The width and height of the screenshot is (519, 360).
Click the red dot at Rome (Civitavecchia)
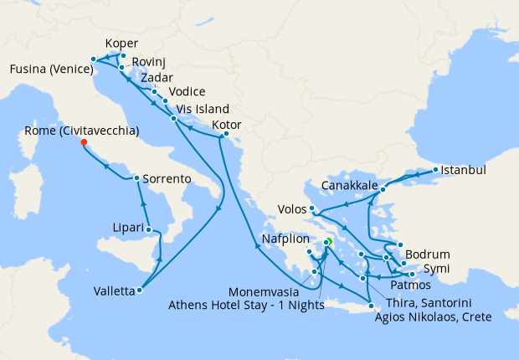(x=84, y=141)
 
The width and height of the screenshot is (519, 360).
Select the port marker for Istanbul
(x=434, y=171)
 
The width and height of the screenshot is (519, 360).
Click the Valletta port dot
(x=139, y=291)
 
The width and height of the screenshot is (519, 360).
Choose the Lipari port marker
(x=148, y=229)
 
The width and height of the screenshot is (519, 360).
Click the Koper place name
(x=122, y=44)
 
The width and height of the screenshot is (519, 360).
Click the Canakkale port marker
(x=383, y=189)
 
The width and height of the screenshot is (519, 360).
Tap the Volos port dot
(x=311, y=208)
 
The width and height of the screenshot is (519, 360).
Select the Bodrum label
(x=428, y=254)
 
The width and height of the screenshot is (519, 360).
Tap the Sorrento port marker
(x=136, y=178)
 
